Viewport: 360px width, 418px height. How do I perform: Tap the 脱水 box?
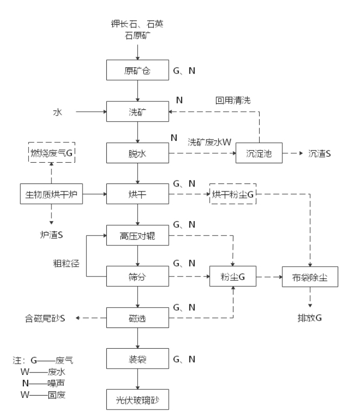pos(138,154)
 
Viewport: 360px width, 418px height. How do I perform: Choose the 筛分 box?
pos(138,275)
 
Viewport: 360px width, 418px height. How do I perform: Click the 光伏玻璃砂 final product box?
pos(138,399)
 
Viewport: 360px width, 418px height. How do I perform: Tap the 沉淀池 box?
pos(258,154)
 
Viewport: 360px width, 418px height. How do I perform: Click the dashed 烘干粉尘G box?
pos(233,194)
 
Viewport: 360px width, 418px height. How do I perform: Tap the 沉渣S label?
pos(319,154)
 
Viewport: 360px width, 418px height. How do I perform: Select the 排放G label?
pos(310,317)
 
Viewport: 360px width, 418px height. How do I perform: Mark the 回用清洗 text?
pos(232,100)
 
